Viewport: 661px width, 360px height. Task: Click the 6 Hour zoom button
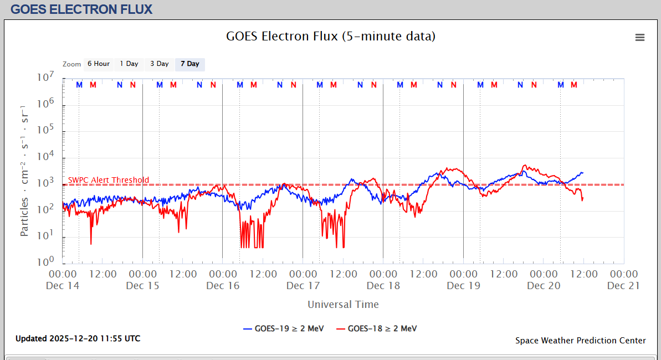(x=99, y=64)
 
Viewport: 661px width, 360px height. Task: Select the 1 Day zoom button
(x=129, y=64)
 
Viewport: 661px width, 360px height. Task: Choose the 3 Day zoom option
(x=160, y=64)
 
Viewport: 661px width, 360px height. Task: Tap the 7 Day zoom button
(x=189, y=64)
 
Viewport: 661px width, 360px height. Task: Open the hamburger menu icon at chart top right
(x=640, y=38)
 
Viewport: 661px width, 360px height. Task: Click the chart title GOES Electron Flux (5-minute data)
(x=331, y=37)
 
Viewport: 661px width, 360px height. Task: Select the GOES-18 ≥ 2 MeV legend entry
(x=377, y=328)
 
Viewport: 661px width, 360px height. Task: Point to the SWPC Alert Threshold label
(x=109, y=180)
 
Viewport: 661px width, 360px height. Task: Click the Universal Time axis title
(x=343, y=304)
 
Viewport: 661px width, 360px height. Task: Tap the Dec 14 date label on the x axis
(x=63, y=286)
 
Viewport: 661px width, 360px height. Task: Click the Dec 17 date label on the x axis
(x=303, y=286)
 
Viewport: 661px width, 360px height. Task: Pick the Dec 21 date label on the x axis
(x=624, y=286)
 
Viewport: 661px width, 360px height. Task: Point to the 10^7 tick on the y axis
(x=45, y=77)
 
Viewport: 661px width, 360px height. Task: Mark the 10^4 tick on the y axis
(x=45, y=156)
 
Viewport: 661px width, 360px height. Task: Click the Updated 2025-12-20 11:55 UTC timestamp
(x=78, y=338)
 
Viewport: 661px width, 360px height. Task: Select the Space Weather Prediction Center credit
(x=580, y=341)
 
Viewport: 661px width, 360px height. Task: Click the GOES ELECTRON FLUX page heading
(x=81, y=9)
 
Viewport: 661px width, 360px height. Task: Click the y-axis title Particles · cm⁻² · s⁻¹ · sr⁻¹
(x=25, y=170)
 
